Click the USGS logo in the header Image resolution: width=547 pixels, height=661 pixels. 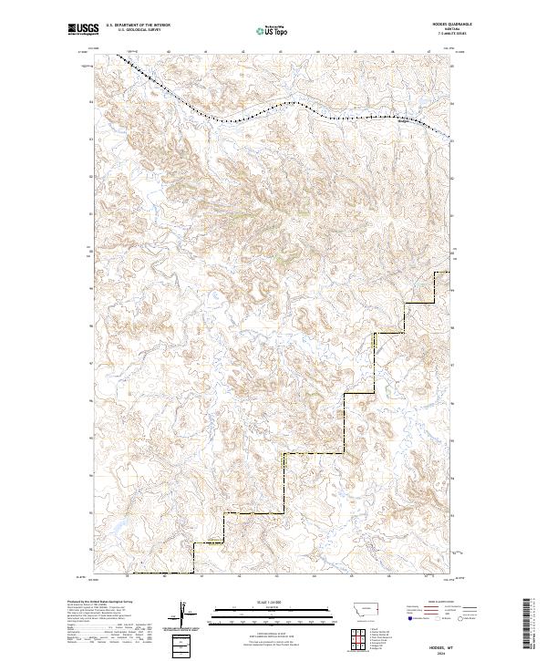click(83, 30)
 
